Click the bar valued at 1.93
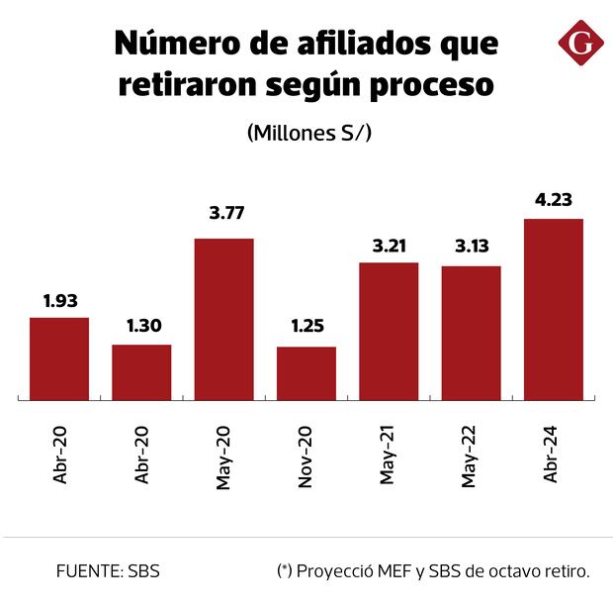click(x=59, y=359)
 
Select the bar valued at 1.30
click(x=141, y=373)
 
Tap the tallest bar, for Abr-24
click(x=553, y=310)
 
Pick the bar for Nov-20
click(x=306, y=374)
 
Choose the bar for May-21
click(x=389, y=332)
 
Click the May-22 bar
click(x=471, y=334)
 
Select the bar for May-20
click(x=223, y=320)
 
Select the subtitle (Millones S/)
click(x=308, y=133)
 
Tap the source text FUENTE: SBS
click(x=109, y=571)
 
